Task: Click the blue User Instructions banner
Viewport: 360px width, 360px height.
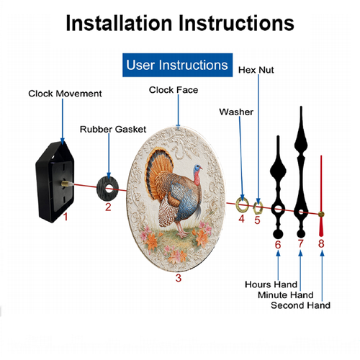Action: (177, 65)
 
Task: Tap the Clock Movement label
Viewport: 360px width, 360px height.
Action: (65, 94)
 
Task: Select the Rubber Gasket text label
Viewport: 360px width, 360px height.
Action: (113, 130)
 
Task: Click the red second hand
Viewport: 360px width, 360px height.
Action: (321, 196)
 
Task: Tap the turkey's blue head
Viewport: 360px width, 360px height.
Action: (197, 168)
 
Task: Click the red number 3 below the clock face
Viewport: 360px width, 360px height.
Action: (179, 278)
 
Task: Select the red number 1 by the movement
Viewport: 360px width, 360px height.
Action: (66, 217)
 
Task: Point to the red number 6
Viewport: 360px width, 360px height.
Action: (278, 245)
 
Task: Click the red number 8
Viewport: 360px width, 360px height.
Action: (321, 243)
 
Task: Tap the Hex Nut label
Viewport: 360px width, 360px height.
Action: (256, 70)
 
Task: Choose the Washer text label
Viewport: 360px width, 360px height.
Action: (236, 112)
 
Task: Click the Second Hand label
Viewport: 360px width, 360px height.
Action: (300, 305)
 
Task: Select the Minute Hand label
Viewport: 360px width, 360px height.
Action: (286, 294)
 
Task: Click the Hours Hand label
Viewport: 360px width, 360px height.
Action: (271, 284)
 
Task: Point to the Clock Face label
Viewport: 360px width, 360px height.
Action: (174, 90)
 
